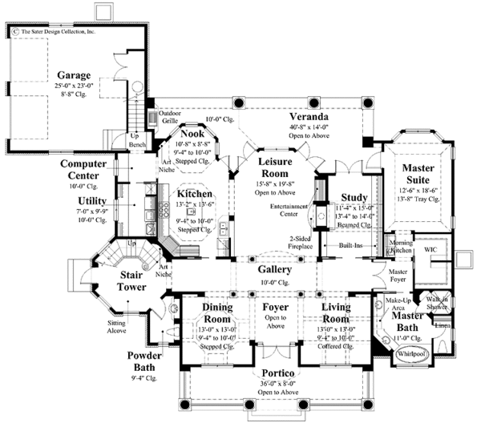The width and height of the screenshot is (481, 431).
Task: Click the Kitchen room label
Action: [195, 194]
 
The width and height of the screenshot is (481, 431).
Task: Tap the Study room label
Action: [354, 197]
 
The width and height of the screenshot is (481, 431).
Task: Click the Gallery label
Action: [275, 270]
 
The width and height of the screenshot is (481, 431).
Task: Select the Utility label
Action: [93, 200]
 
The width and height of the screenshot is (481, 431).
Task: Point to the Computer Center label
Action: [90, 168]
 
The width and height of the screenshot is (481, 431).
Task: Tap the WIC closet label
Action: [427, 249]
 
